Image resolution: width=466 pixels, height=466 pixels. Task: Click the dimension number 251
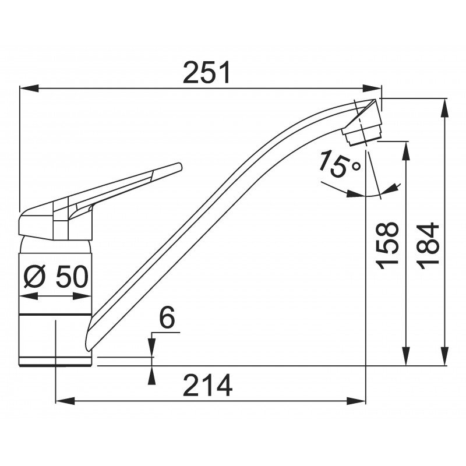[x=207, y=72]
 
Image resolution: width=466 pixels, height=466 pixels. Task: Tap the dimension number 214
[x=207, y=385]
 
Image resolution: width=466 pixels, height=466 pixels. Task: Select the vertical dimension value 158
[x=387, y=245]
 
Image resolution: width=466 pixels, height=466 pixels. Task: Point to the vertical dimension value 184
[x=428, y=246]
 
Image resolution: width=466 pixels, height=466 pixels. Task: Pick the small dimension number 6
[x=167, y=317]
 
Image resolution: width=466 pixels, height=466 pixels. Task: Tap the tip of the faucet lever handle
[x=179, y=167]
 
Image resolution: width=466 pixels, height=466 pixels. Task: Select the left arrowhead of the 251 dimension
[x=29, y=89]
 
